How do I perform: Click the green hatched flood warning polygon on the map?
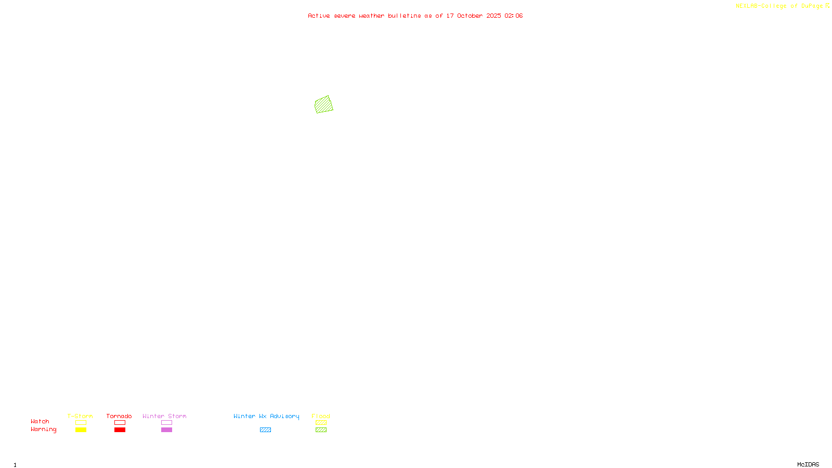point(323,105)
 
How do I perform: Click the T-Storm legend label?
point(80,416)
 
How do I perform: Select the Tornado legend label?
point(119,416)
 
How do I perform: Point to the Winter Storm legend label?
point(164,416)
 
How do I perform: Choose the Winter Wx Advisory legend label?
point(266,416)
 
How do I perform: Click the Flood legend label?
point(321,416)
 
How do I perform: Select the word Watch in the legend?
point(40,421)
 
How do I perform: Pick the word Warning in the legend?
point(44,430)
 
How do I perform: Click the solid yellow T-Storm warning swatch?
point(81,430)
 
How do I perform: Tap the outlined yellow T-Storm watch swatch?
point(81,423)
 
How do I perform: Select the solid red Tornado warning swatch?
point(120,430)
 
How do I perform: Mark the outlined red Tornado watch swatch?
point(120,423)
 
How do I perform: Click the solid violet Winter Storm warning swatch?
point(166,430)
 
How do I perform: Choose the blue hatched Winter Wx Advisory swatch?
point(265,430)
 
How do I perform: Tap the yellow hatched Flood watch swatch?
point(321,423)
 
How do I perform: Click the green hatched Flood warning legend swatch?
point(321,430)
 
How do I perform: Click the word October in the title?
point(470,16)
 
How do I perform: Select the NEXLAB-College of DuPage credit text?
point(779,6)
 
